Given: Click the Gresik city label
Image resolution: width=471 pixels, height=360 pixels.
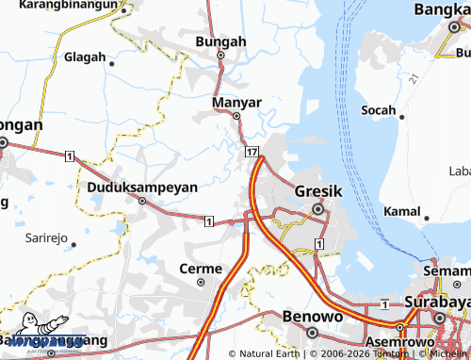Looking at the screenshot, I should coord(317,189).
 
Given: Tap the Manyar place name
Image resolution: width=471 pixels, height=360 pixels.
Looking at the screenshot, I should coord(236,100).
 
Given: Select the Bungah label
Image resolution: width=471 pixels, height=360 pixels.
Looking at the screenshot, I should coord(220,41).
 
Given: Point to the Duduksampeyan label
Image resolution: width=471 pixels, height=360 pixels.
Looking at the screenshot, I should coord(142,187).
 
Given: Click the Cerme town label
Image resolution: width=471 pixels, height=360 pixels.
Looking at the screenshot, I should coord(200,269).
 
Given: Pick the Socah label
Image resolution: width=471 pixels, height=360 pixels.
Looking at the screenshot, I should coord(380,110).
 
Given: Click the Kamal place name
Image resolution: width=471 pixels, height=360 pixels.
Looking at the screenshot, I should coord(403,211).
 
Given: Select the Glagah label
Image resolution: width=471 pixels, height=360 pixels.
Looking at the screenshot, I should coord(85,57).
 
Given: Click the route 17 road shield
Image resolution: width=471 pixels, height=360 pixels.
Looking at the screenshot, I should coord(252,151).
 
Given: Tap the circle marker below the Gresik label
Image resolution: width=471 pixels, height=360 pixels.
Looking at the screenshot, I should coord(317,208).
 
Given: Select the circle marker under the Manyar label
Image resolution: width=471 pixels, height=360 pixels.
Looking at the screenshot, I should coord(236,117).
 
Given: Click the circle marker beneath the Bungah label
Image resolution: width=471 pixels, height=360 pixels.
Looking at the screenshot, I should coord(220,55).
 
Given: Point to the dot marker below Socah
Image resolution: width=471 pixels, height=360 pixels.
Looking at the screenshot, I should coord(401,119).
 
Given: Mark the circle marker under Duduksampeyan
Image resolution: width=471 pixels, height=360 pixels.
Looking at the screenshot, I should coord(142,201).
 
